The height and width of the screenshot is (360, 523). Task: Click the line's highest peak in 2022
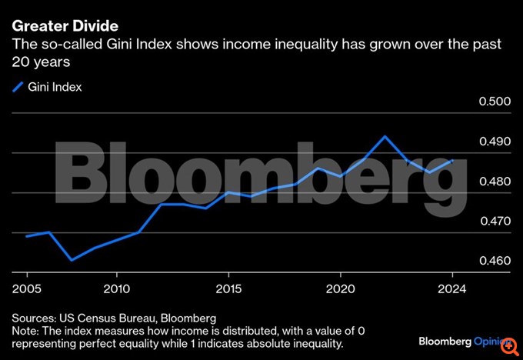(385, 136)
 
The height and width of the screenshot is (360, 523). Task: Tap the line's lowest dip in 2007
(72, 260)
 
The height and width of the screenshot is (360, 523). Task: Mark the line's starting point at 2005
(27, 236)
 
